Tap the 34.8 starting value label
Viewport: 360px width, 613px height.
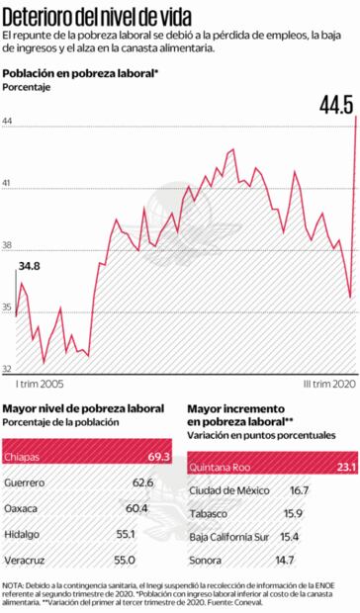coord(29,266)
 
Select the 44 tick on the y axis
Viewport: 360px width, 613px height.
coord(8,122)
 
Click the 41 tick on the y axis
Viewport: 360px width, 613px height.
coord(8,185)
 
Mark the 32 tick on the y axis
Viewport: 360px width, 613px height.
coord(8,367)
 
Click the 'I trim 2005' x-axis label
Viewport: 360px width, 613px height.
coord(41,383)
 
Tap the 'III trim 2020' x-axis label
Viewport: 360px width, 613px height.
coord(327,383)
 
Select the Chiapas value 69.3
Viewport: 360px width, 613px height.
coord(158,457)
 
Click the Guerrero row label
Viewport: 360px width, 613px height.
coord(24,482)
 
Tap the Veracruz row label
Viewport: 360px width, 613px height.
coord(24,560)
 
